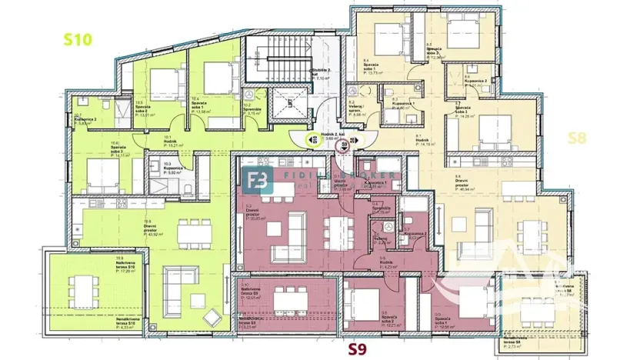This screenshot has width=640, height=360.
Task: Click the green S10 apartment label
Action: [x=78, y=40]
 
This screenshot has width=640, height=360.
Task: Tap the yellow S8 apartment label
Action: [x=579, y=138]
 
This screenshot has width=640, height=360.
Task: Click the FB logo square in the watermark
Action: [x=256, y=182]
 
